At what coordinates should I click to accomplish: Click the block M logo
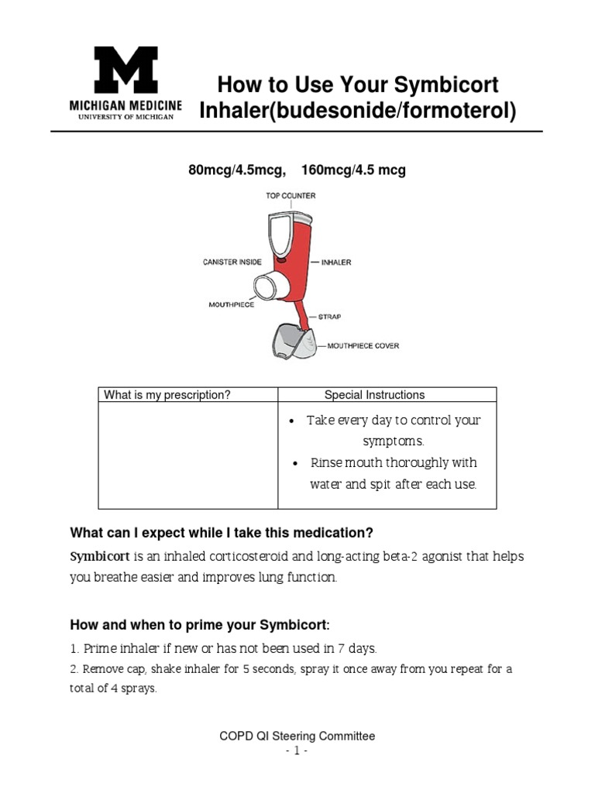point(126,70)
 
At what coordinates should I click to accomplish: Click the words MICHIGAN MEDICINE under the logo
point(126,105)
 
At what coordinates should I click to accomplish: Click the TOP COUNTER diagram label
point(291,196)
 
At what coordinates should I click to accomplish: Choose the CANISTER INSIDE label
point(232,263)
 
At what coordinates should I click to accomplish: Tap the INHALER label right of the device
point(335,263)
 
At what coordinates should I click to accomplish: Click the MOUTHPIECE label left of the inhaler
point(232,305)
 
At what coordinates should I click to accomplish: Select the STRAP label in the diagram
point(329,317)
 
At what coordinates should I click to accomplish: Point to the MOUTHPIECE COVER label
point(363,346)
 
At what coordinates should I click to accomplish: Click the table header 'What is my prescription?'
point(167,395)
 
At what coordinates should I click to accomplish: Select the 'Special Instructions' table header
point(374,395)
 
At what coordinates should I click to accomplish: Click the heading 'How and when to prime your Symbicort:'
point(200,625)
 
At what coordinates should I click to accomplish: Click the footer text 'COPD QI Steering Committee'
point(297,736)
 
